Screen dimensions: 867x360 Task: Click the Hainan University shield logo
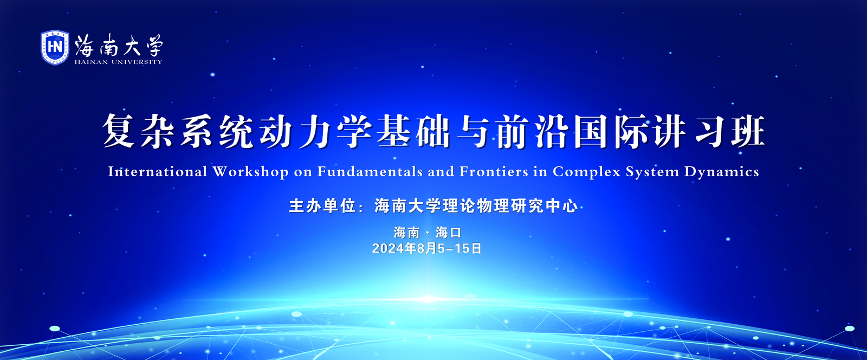point(55,47)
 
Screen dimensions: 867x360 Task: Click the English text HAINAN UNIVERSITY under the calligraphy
point(119,62)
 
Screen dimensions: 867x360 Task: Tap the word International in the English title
point(158,171)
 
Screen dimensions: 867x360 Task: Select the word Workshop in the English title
point(250,172)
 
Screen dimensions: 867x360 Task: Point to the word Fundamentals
point(370,171)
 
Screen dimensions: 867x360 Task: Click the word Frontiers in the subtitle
point(494,171)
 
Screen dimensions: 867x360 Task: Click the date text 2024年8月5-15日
point(427,248)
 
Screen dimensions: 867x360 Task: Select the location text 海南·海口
point(428,233)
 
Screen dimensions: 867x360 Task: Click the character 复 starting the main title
point(119,131)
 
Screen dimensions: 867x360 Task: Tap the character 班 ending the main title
point(748,131)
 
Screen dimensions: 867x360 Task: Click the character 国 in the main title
point(590,131)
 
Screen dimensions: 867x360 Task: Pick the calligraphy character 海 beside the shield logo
point(85,46)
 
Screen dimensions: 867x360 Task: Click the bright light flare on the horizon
point(428,299)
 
